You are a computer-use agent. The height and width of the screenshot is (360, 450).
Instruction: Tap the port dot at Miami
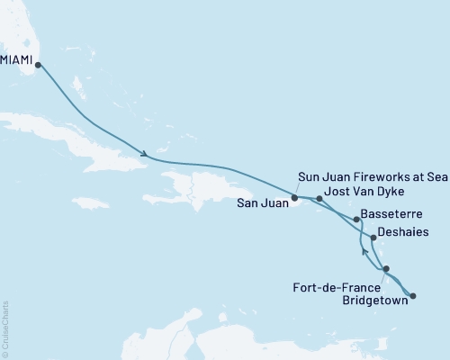pyautogui.click(x=38, y=65)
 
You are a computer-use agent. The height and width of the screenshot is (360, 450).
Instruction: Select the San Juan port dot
pyautogui.click(x=295, y=197)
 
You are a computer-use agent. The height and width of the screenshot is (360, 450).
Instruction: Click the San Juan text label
pyautogui.click(x=263, y=203)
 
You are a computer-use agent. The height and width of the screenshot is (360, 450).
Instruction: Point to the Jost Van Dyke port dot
pyautogui.click(x=319, y=198)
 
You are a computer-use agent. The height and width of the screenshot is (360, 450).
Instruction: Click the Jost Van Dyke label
pyautogui.click(x=364, y=193)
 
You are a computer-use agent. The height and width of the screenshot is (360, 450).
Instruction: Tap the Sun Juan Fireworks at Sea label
pyautogui.click(x=373, y=177)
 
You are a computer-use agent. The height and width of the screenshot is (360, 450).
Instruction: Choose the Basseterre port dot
pyautogui.click(x=357, y=219)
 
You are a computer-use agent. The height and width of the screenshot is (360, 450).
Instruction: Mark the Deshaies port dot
pyautogui.click(x=373, y=238)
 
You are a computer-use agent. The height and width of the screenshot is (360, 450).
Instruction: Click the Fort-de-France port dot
pyautogui.click(x=386, y=269)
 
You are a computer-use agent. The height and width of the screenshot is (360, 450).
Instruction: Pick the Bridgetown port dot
pyautogui.click(x=413, y=295)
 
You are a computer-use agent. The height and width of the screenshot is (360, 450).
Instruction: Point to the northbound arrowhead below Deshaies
pyautogui.click(x=365, y=252)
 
